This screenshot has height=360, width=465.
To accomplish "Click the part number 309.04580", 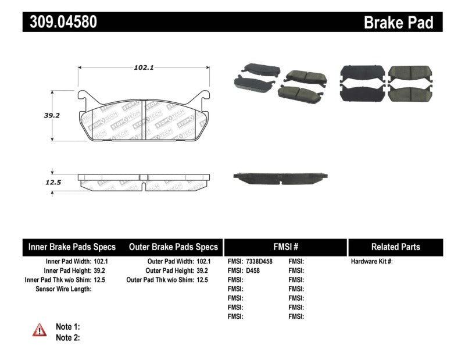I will [60, 22].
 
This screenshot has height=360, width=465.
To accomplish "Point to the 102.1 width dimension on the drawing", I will [143, 67].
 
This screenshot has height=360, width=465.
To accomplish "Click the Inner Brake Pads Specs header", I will [72, 247].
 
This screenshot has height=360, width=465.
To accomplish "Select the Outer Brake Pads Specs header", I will [173, 247].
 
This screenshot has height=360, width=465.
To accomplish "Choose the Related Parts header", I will [395, 247].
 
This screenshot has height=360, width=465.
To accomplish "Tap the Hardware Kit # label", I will [371, 262].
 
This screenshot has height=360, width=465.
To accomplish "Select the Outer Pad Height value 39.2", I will [204, 270].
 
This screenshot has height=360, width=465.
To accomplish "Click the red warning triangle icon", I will [40, 330].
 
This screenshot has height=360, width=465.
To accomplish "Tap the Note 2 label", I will [67, 337].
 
